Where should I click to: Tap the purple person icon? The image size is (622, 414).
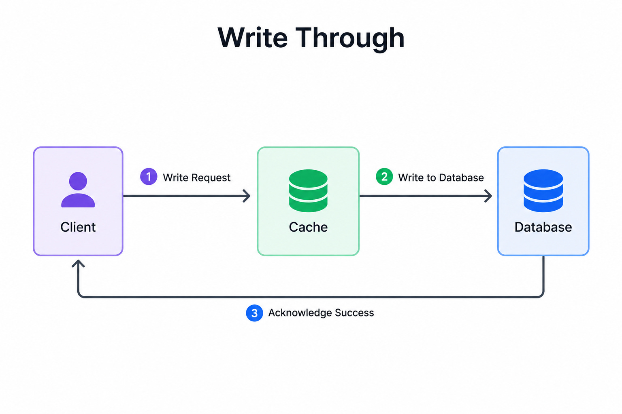pyautogui.click(x=78, y=190)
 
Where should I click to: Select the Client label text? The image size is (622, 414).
pyautogui.click(x=78, y=227)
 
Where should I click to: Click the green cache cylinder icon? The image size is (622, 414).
pyautogui.click(x=308, y=191)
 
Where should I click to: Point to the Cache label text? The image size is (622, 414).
pyautogui.click(x=308, y=227)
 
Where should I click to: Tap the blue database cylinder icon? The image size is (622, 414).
pyautogui.click(x=543, y=191)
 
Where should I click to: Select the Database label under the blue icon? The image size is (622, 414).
pyautogui.click(x=543, y=227)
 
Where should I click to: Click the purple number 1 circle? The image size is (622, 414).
pyautogui.click(x=149, y=176)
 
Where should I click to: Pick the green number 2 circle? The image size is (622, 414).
pyautogui.click(x=384, y=176)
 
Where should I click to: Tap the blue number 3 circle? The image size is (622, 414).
pyautogui.click(x=254, y=313)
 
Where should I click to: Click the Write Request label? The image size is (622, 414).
pyautogui.click(x=196, y=178)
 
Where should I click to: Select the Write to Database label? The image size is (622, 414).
pyautogui.click(x=441, y=177)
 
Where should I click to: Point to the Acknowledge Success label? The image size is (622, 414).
pyautogui.click(x=321, y=313)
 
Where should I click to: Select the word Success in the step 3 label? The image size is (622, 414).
pyautogui.click(x=354, y=313)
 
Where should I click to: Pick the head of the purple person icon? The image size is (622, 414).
pyautogui.click(x=78, y=181)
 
